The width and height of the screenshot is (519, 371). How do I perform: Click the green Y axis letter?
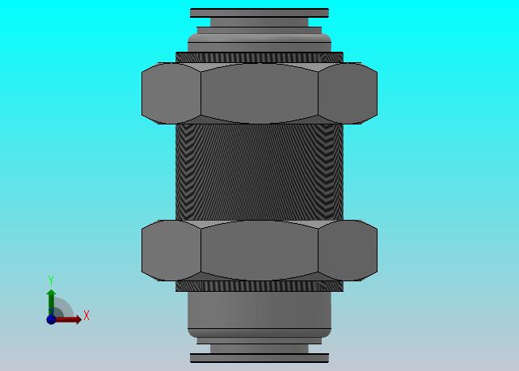click(51, 280)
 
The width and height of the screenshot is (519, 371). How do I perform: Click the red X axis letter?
click(86, 315)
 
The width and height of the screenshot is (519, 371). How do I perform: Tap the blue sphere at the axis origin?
click(51, 319)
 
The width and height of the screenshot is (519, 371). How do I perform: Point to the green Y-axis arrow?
click(51, 302)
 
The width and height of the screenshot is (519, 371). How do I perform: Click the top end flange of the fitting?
click(259, 13)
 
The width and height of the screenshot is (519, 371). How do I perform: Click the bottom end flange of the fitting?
click(259, 358)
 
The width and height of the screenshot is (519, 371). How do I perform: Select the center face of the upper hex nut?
click(259, 93)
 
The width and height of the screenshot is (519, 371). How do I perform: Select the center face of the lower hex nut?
click(259, 251)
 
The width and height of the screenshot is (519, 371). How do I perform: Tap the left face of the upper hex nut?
click(171, 93)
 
